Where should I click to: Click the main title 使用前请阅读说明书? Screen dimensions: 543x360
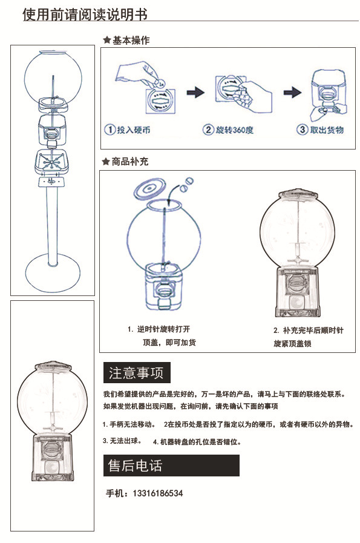[85, 14]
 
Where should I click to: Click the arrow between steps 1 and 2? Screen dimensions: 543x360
[194, 93]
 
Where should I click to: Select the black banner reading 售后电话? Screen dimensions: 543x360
[171, 466]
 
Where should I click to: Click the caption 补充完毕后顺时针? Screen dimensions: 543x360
[308, 331]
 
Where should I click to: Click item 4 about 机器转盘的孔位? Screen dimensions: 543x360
[197, 442]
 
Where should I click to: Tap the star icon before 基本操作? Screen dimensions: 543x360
[106, 41]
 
